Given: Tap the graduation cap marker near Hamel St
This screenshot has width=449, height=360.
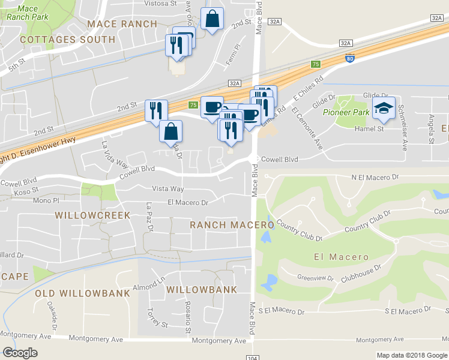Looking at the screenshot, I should (384, 109).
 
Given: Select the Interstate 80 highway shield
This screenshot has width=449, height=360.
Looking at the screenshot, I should (350, 58).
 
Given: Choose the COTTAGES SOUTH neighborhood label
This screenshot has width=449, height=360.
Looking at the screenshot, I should (67, 40).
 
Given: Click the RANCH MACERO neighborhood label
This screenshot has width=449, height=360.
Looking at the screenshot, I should (232, 224).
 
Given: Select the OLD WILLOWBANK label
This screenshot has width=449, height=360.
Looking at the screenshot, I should (82, 293).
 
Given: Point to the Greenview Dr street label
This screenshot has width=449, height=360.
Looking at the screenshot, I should (315, 278).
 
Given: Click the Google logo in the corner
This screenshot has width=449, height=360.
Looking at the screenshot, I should (20, 352).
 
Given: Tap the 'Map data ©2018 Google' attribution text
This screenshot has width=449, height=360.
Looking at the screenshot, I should (411, 355).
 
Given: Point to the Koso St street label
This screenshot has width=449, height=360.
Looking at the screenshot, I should (26, 191).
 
